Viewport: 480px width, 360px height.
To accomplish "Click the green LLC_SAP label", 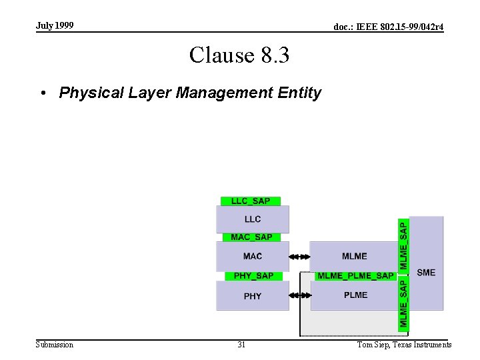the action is [251, 201].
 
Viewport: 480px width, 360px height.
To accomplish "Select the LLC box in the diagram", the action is [253, 219].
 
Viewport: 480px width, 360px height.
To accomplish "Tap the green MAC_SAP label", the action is [251, 237].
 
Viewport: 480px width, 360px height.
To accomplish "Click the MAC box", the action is [253, 256].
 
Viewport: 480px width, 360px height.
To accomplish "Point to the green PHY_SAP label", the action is [253, 275].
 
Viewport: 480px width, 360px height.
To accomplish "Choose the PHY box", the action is [253, 296].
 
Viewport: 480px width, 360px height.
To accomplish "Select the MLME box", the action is [354, 256].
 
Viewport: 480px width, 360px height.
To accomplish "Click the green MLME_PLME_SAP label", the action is [355, 275].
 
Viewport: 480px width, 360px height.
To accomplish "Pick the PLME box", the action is [355, 295].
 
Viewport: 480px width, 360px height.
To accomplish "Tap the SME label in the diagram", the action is [426, 272].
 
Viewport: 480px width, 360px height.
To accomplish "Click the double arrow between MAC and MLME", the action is [300, 256].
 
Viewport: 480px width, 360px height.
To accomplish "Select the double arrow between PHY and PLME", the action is [300, 295].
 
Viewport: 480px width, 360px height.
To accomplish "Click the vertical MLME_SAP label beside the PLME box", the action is [404, 303].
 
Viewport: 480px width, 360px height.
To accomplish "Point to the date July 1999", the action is [55, 25].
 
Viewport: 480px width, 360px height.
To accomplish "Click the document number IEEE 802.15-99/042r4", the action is [389, 27].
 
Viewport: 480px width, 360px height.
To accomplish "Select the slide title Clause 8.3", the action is [239, 55].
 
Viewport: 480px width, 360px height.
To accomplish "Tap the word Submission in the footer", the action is [55, 345].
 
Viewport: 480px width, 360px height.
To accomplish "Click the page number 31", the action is [241, 345].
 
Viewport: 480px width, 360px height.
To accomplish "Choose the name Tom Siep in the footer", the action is [373, 345].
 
